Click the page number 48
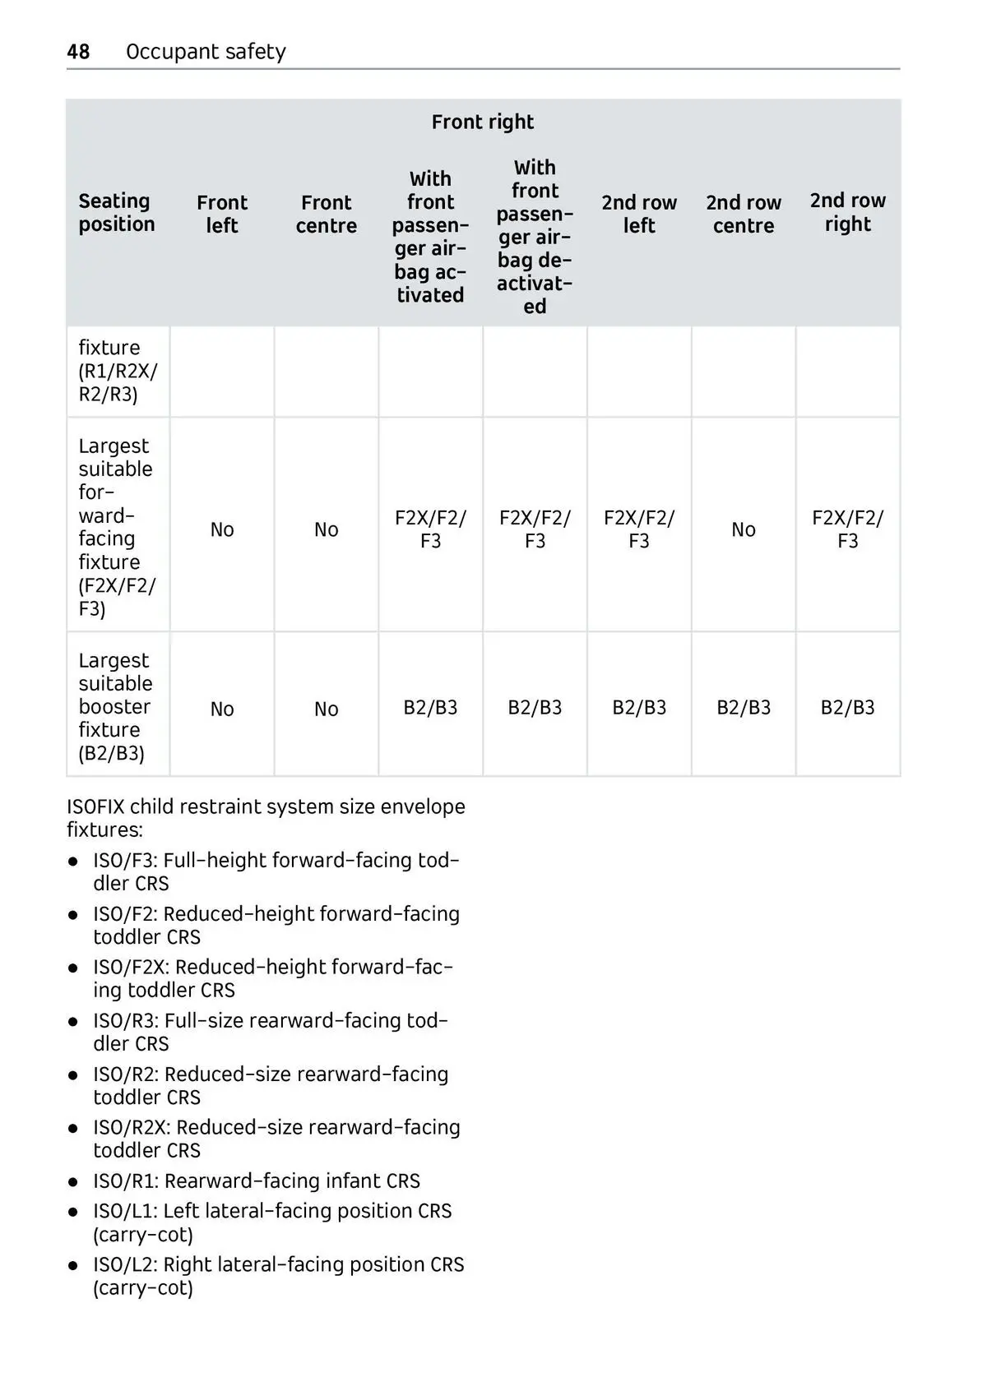pyautogui.click(x=78, y=52)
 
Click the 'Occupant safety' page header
pyautogui.click(x=206, y=52)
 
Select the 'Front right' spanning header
pyautogui.click(x=482, y=122)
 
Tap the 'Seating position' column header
pyautogui.click(x=117, y=213)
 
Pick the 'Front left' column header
pyautogui.click(x=222, y=214)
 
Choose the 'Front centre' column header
pyautogui.click(x=327, y=214)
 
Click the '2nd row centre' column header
pyautogui.click(x=744, y=214)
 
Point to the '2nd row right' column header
pyautogui.click(x=847, y=212)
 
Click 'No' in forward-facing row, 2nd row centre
pyautogui.click(x=744, y=529)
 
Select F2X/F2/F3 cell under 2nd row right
pyautogui.click(x=847, y=529)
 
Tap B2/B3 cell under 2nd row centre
pyautogui.click(x=744, y=708)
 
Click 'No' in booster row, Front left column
pyautogui.click(x=222, y=709)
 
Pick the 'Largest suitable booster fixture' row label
pyautogui.click(x=115, y=707)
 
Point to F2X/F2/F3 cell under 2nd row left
pyautogui.click(x=639, y=529)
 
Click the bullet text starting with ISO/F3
pyautogui.click(x=276, y=871)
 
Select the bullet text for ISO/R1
pyautogui.click(x=257, y=1181)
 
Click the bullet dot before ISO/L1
pyautogui.click(x=74, y=1213)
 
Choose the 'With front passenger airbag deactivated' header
pyautogui.click(x=535, y=237)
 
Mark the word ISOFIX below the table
pyautogui.click(x=95, y=806)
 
